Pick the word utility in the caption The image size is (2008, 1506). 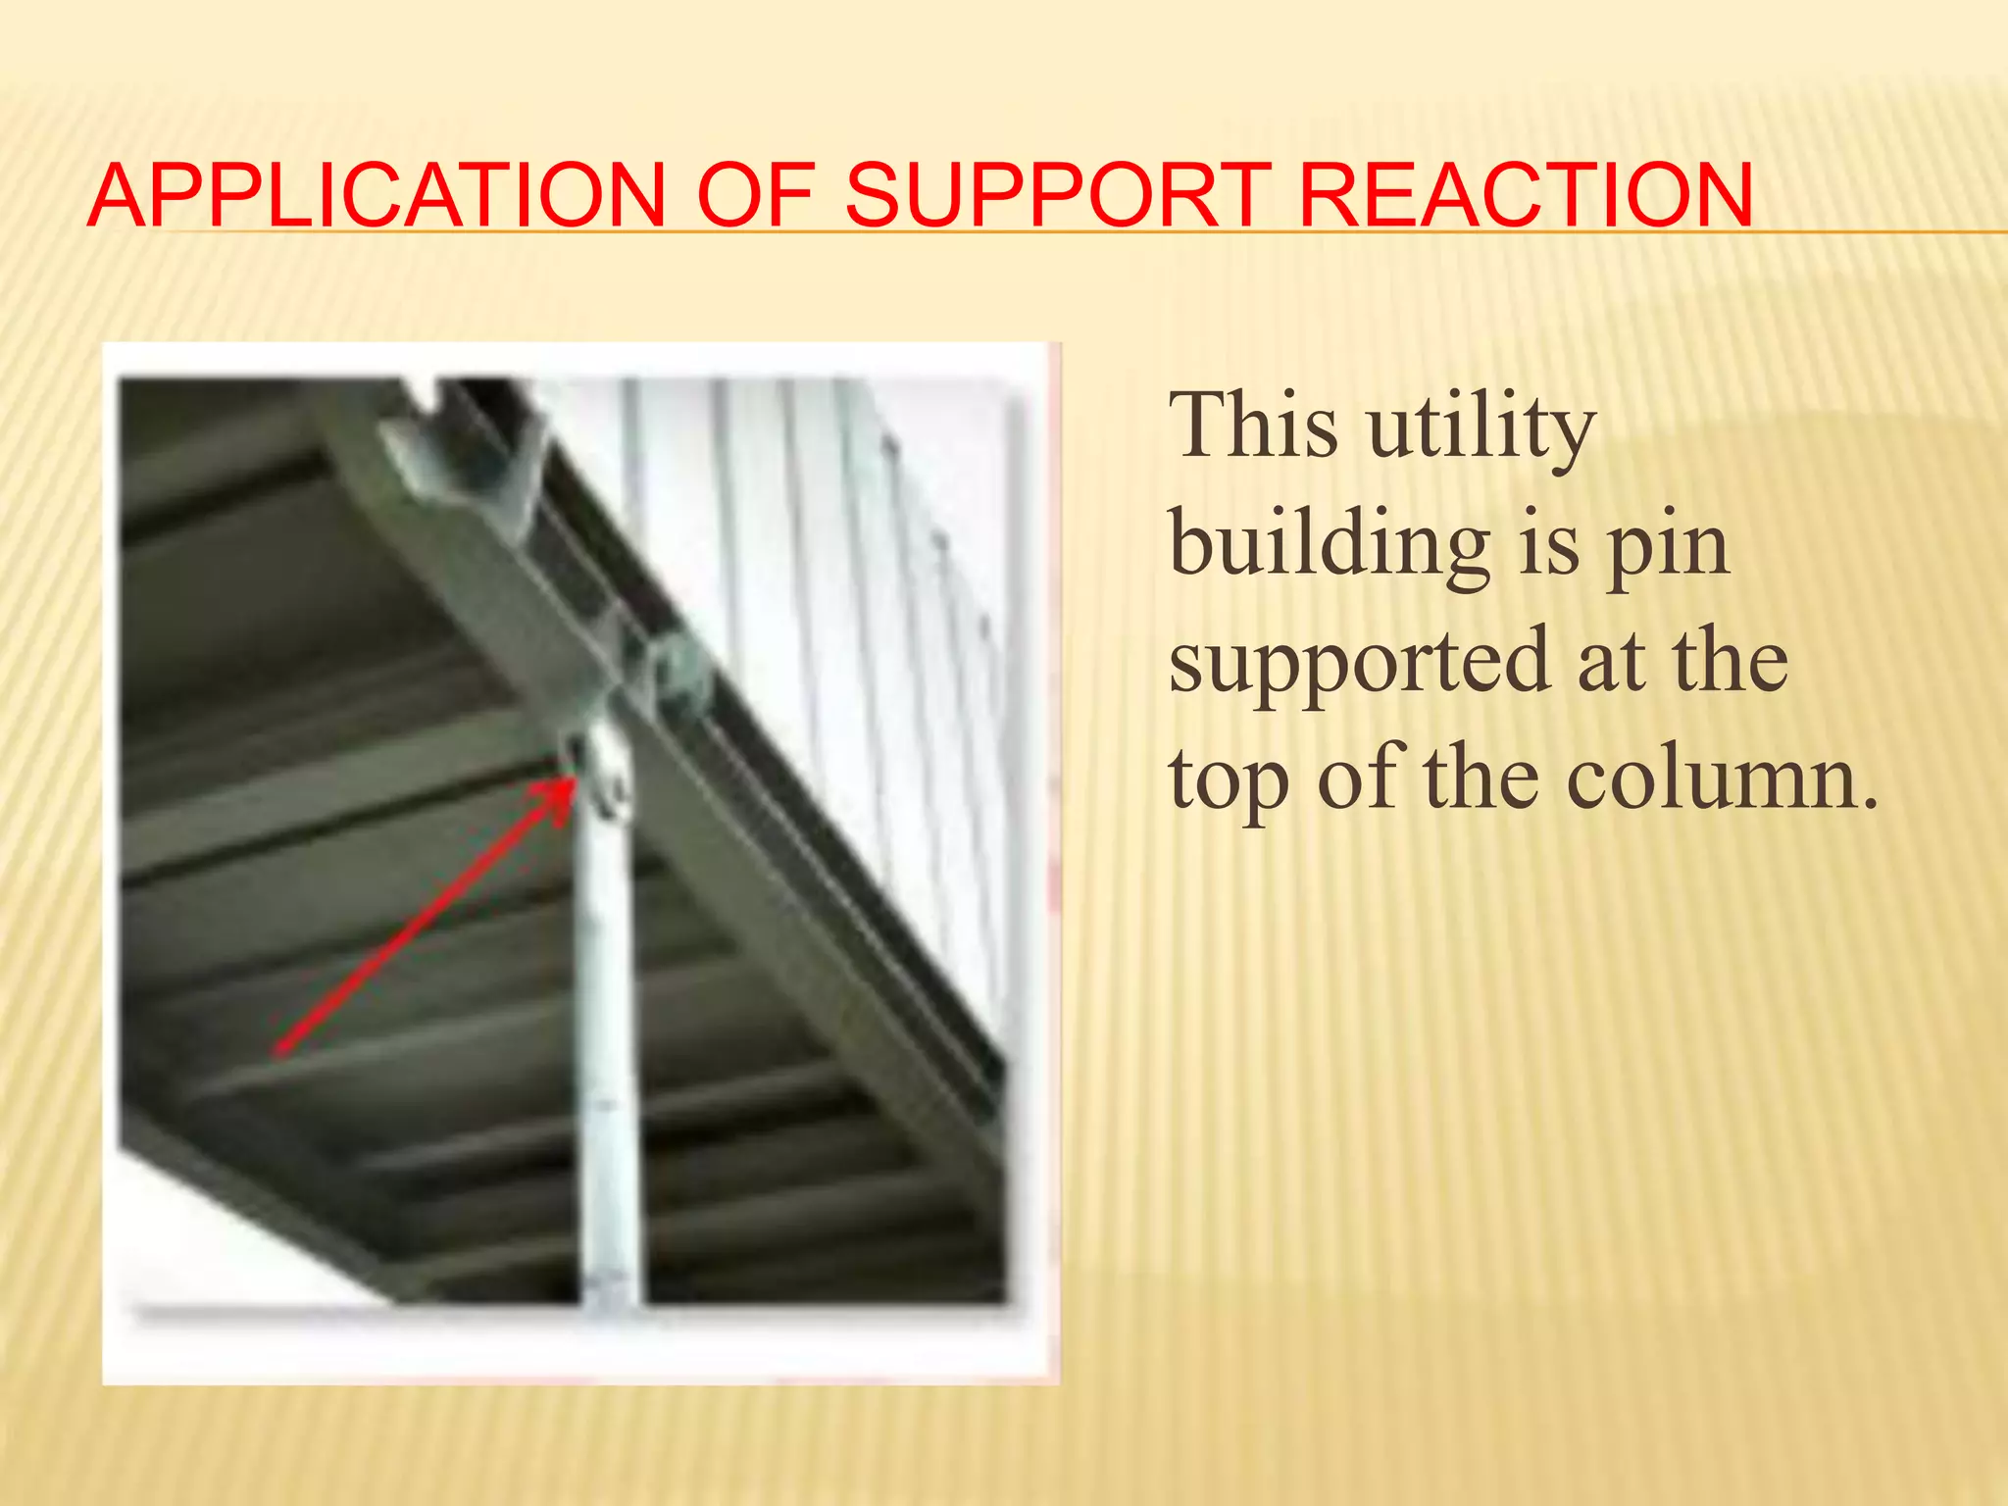point(1481,429)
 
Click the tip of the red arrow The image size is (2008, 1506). point(573,779)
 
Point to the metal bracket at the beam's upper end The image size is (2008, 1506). point(461,461)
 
